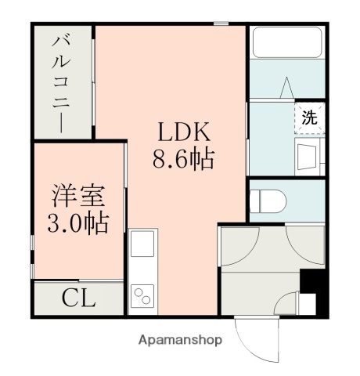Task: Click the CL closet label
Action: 79,298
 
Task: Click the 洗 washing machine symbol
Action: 311,118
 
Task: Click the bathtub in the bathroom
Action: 286,42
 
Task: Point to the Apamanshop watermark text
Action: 180,340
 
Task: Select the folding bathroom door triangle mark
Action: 286,85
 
